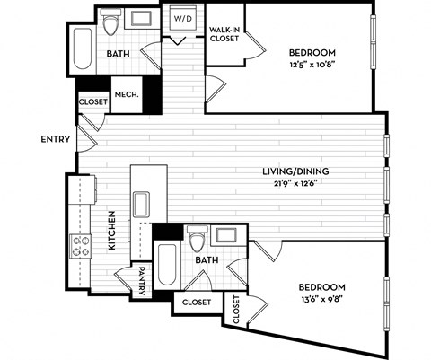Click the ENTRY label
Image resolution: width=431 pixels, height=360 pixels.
pyautogui.click(x=56, y=139)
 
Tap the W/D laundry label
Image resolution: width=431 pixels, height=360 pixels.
pyautogui.click(x=182, y=17)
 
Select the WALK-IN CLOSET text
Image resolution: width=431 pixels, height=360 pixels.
pyautogui.click(x=223, y=34)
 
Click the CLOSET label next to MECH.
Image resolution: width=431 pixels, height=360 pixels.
pyautogui.click(x=92, y=101)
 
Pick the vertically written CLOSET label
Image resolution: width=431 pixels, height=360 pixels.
pyautogui.click(x=237, y=309)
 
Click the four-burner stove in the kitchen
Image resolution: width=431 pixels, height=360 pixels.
pyautogui.click(x=81, y=245)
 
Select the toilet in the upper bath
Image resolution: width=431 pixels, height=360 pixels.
pyautogui.click(x=112, y=24)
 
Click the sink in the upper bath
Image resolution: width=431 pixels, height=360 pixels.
pyautogui.click(x=142, y=20)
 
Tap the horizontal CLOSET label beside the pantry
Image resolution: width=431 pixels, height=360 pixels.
pyautogui.click(x=196, y=303)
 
